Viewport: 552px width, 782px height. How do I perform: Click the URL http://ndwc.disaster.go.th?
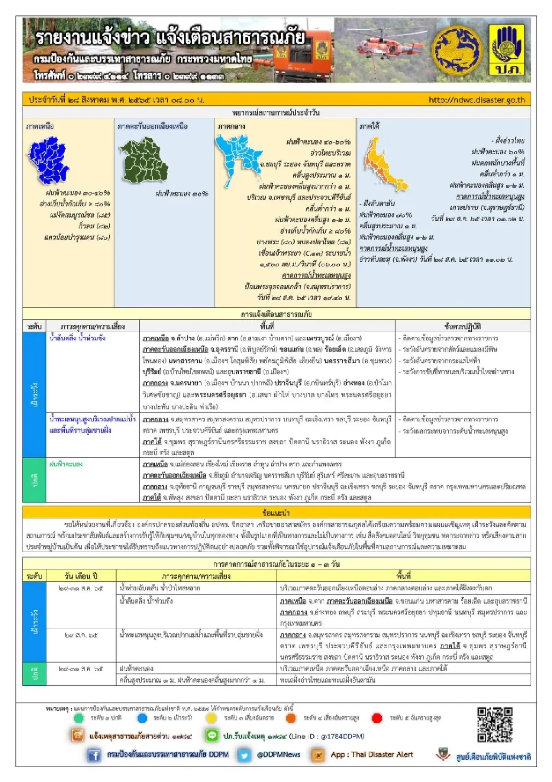pyautogui.click(x=476, y=100)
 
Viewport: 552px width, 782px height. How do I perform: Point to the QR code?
pyautogui.click(x=494, y=724)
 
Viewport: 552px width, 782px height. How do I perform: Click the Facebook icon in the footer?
pyautogui.click(x=94, y=755)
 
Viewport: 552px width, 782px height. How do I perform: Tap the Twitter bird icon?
pyautogui.click(x=244, y=755)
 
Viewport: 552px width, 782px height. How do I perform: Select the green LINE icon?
pyautogui.click(x=212, y=736)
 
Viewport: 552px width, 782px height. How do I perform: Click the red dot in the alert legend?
pyautogui.click(x=377, y=718)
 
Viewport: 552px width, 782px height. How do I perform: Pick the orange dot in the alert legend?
pyautogui.click(x=290, y=718)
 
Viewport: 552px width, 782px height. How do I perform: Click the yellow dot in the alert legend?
pyautogui.click(x=211, y=718)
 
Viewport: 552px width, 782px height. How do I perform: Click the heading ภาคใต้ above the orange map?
pyautogui.click(x=369, y=126)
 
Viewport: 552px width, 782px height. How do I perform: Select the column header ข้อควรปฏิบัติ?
pyautogui.click(x=462, y=327)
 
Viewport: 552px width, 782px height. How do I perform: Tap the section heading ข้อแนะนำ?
pyautogui.click(x=276, y=512)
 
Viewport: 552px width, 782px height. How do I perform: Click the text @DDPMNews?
pyautogui.click(x=278, y=755)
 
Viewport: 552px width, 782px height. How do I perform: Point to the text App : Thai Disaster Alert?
pyautogui.click(x=372, y=755)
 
